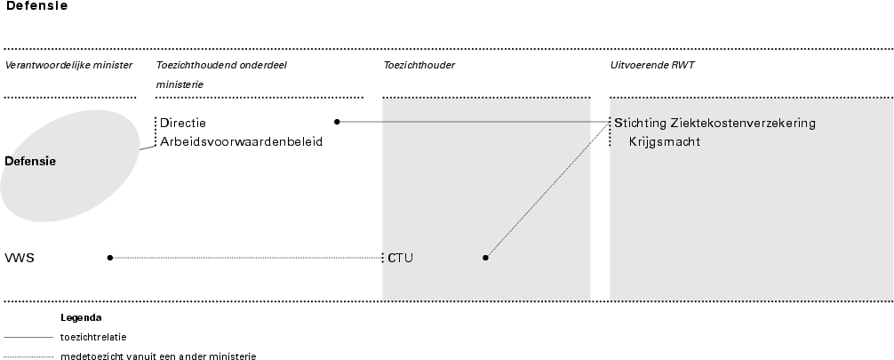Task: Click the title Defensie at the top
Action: pyautogui.click(x=37, y=5)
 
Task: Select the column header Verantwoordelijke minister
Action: pyautogui.click(x=68, y=65)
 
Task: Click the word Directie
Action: pyautogui.click(x=183, y=123)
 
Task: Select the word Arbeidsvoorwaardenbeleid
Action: pyautogui.click(x=241, y=140)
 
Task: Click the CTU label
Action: pyautogui.click(x=401, y=259)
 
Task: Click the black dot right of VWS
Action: pyautogui.click(x=109, y=258)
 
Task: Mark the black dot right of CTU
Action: pyautogui.click(x=485, y=258)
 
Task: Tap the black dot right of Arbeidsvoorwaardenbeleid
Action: pyautogui.click(x=337, y=122)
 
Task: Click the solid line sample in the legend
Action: pyautogui.click(x=28, y=338)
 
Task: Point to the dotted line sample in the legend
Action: pyautogui.click(x=28, y=356)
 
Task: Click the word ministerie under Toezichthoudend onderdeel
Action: pyautogui.click(x=180, y=84)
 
